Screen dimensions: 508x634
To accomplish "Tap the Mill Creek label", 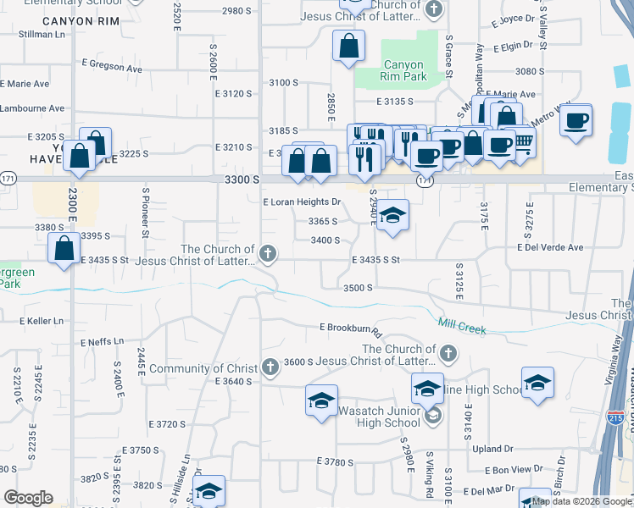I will coord(462,326).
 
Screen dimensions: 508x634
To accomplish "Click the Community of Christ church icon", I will coord(270,367).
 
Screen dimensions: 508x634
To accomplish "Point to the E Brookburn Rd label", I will coord(353,328).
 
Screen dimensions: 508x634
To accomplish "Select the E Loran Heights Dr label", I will coord(302,202).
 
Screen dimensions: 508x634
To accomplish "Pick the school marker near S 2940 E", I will coord(393,215).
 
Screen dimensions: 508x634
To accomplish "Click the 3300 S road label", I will coord(243,179).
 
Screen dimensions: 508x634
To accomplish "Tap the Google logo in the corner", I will coord(29,497).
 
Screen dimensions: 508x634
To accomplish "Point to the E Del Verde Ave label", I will coord(550,248).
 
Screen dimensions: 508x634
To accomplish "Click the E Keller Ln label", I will coord(42,322).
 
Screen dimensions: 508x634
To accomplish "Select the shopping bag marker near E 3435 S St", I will coord(64,250).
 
